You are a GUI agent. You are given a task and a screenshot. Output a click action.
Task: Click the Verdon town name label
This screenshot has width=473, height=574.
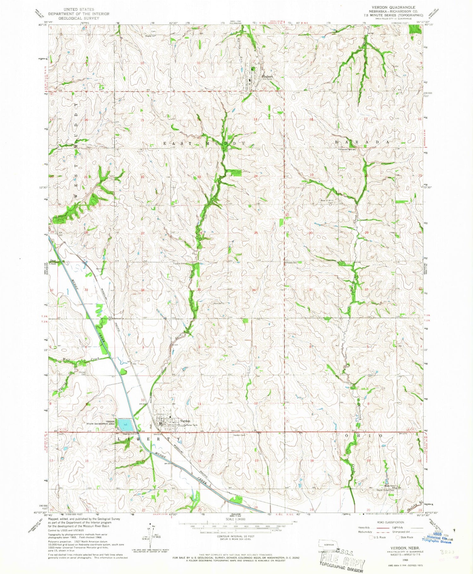tap(185, 421)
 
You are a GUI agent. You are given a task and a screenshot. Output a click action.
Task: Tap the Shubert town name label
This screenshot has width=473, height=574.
tap(267, 76)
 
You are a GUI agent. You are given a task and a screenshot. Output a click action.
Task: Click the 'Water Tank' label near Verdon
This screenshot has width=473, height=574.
tap(192, 425)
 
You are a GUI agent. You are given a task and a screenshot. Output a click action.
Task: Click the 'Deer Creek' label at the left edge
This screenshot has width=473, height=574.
tap(53, 262)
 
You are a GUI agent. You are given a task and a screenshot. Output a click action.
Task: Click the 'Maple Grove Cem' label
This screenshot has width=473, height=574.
tap(384, 490)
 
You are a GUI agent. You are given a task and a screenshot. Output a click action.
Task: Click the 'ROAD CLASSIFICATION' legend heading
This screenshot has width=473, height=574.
tap(389, 522)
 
